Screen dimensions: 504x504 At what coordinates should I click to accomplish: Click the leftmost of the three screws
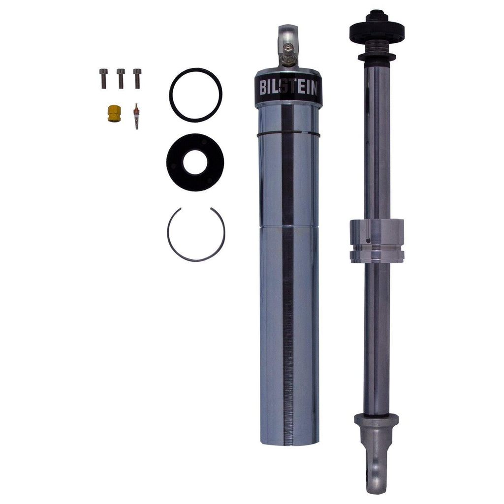(x=103, y=78)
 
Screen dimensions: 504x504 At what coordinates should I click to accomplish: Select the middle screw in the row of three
(x=121, y=78)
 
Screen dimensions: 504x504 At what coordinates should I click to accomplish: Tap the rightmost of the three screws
(x=137, y=78)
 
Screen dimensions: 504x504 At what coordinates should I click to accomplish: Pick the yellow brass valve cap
(x=114, y=114)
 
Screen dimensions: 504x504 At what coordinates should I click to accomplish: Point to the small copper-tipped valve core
(x=136, y=116)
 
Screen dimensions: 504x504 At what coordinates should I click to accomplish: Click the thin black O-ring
(x=195, y=71)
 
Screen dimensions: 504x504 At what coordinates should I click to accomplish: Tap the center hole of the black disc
(x=195, y=162)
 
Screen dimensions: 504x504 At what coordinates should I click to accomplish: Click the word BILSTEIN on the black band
(x=288, y=89)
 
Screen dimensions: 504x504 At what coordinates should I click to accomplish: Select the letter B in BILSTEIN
(x=264, y=89)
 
